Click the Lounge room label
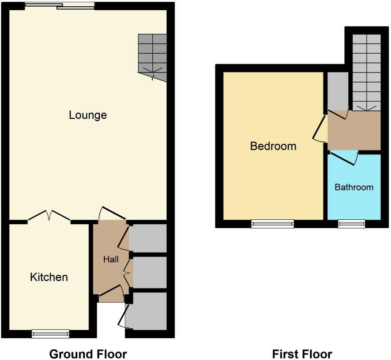point(88,115)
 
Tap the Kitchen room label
point(49,277)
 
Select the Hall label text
point(111,259)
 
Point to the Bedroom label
point(273,146)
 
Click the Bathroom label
point(354,187)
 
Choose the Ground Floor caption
point(88,354)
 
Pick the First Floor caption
point(302,354)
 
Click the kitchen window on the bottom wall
point(51,333)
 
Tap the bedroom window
point(272,224)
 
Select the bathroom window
point(351,224)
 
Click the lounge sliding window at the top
point(60,6)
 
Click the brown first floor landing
point(354,131)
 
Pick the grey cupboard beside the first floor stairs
point(338,91)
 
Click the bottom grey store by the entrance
point(147,310)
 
